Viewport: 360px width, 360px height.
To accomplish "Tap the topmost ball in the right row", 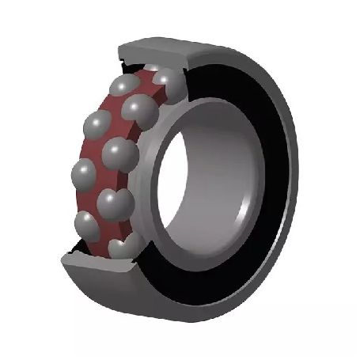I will pos(164,79).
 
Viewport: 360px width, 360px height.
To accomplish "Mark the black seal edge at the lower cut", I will pos(75,254).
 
